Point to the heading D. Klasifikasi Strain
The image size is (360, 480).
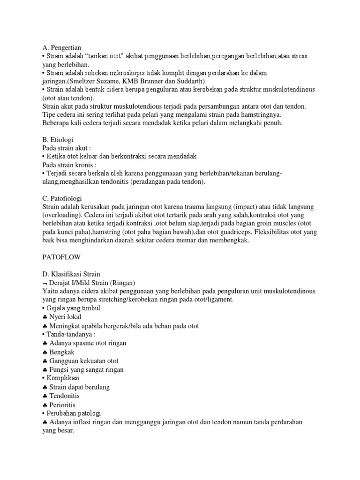click(x=71, y=274)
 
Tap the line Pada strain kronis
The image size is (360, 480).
click(x=69, y=165)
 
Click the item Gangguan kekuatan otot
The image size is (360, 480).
click(x=84, y=361)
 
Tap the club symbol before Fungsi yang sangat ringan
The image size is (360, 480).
click(x=45, y=370)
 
